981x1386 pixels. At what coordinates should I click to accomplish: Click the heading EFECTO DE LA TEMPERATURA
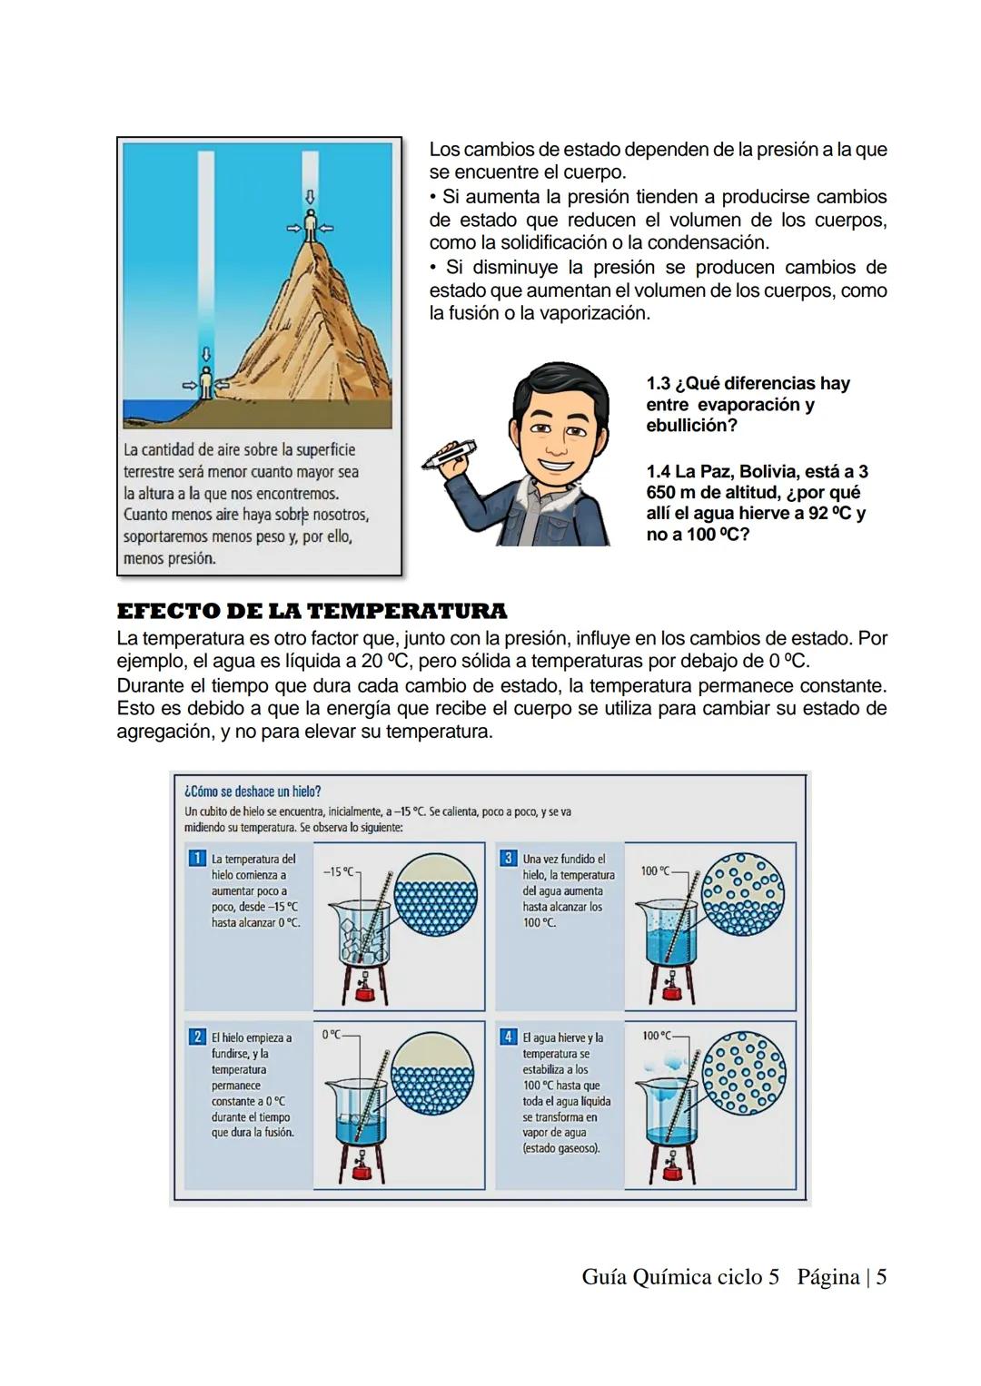(x=312, y=611)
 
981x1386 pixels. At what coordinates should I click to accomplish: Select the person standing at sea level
(x=206, y=383)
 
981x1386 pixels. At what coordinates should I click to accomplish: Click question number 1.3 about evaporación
(x=748, y=404)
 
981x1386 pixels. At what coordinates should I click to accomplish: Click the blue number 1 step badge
(x=196, y=858)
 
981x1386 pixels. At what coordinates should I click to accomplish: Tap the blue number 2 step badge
(x=196, y=1037)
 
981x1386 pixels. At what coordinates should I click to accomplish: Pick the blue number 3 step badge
(x=508, y=858)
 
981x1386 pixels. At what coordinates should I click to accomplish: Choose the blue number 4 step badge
(x=508, y=1037)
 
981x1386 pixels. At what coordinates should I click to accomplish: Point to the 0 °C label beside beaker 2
(x=331, y=1035)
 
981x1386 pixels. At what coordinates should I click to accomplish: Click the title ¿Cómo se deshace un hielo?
(x=253, y=791)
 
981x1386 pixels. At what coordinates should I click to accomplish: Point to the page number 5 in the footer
(x=880, y=1277)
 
